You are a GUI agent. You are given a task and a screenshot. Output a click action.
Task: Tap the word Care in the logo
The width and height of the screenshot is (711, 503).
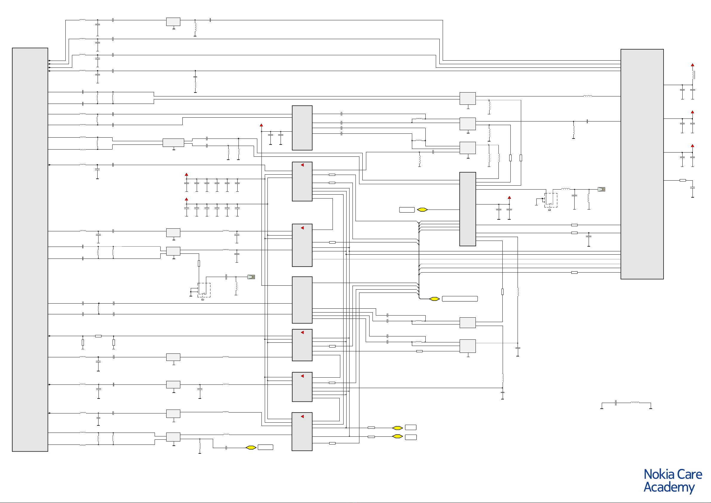click(x=690, y=475)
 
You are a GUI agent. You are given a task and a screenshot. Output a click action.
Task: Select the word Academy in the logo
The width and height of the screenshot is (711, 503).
click(x=669, y=487)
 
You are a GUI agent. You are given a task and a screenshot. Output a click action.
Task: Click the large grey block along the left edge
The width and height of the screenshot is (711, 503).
click(x=30, y=249)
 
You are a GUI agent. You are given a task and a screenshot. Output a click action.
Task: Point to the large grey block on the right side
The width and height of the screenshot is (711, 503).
click(x=642, y=164)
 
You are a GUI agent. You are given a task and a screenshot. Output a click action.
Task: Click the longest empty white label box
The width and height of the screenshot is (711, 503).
click(x=460, y=299)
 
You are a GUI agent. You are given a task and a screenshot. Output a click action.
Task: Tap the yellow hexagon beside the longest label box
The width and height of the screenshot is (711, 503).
click(x=435, y=299)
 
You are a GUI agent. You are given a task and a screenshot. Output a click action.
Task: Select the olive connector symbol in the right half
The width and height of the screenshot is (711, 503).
click(x=601, y=189)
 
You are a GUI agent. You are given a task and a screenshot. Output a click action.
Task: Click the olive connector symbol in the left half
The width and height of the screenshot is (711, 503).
click(x=251, y=277)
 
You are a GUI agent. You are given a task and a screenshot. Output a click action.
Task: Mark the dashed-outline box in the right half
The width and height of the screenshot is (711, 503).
click(x=551, y=200)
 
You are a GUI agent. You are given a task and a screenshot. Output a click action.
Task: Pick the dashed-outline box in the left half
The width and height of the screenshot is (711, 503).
click(x=204, y=290)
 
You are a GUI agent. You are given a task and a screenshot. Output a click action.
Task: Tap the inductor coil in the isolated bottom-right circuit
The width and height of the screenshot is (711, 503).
click(x=635, y=403)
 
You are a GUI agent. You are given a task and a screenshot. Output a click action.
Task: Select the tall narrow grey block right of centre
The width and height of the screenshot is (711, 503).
click(x=468, y=209)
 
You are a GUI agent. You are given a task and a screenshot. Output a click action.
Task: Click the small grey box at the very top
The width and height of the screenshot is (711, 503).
click(x=173, y=22)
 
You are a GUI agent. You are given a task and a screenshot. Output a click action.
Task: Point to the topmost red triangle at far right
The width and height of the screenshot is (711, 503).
click(x=692, y=65)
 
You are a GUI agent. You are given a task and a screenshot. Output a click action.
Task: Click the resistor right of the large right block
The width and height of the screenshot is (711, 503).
click(x=683, y=180)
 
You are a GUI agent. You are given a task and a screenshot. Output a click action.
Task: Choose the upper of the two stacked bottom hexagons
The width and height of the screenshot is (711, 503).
click(x=397, y=428)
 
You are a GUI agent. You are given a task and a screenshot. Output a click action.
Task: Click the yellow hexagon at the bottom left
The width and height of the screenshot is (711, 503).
click(x=251, y=447)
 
